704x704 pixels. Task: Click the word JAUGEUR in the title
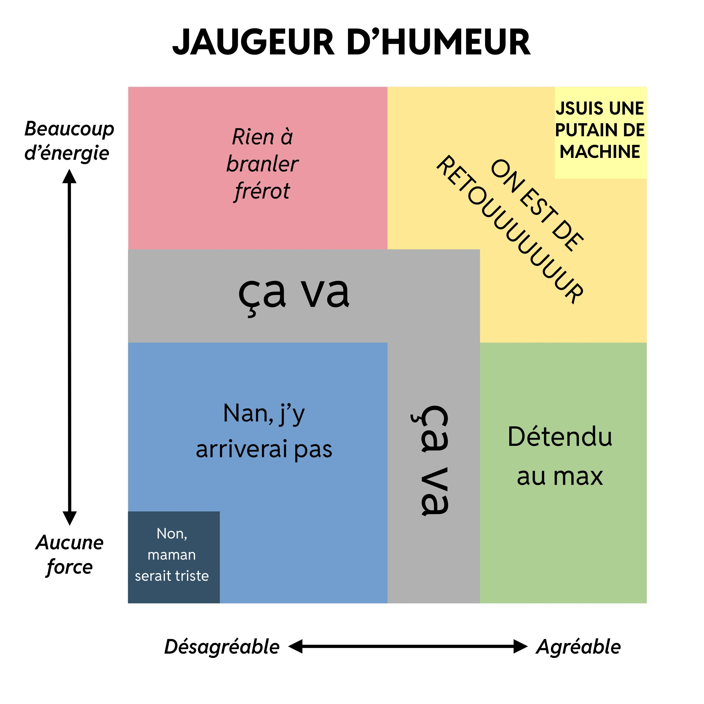[x=253, y=42]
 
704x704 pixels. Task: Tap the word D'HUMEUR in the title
[x=439, y=42]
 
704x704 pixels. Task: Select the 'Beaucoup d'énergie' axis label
[x=69, y=141]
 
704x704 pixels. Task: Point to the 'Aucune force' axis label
[x=70, y=554]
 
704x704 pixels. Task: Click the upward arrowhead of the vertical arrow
[x=69, y=177]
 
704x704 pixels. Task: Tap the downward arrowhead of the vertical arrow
[x=70, y=518]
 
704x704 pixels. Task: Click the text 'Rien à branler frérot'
[x=262, y=164]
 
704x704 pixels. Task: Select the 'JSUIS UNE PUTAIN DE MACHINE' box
[x=601, y=133]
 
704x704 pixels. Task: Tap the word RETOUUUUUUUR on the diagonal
[x=510, y=230]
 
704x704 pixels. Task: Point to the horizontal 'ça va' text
[x=294, y=294]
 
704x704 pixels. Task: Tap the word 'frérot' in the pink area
[x=262, y=191]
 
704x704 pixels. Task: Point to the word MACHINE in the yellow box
[x=600, y=152]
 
